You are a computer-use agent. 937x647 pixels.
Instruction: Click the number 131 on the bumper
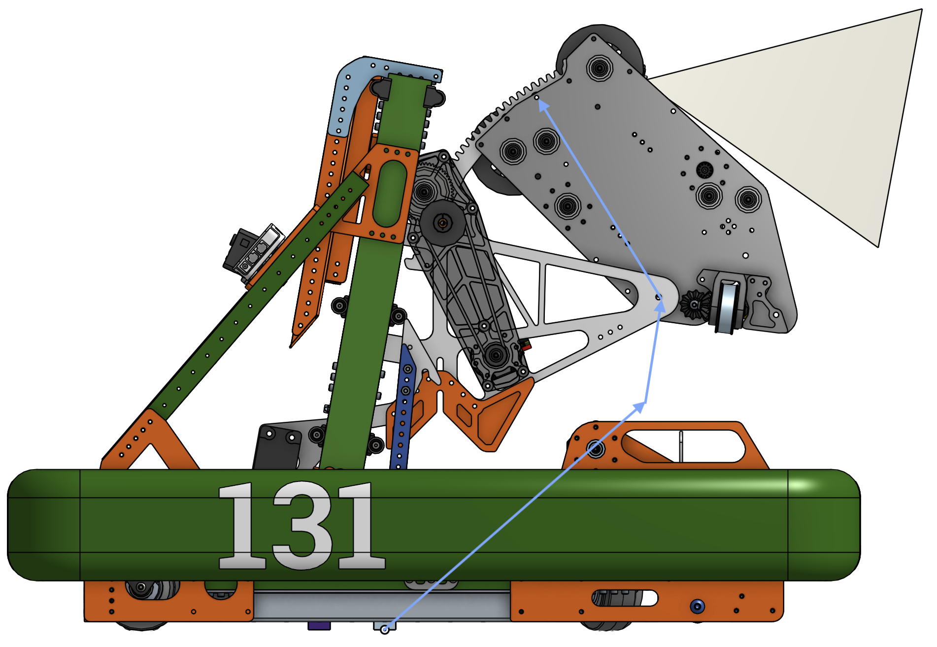click(x=301, y=526)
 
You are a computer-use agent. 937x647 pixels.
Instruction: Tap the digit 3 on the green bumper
click(x=301, y=526)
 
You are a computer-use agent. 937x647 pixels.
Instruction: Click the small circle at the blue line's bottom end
click(x=385, y=630)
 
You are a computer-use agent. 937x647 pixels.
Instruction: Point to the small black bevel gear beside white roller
click(x=694, y=305)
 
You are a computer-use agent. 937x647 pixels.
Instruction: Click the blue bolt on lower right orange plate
click(x=697, y=607)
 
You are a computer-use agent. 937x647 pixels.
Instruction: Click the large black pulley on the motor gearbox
click(x=442, y=223)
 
